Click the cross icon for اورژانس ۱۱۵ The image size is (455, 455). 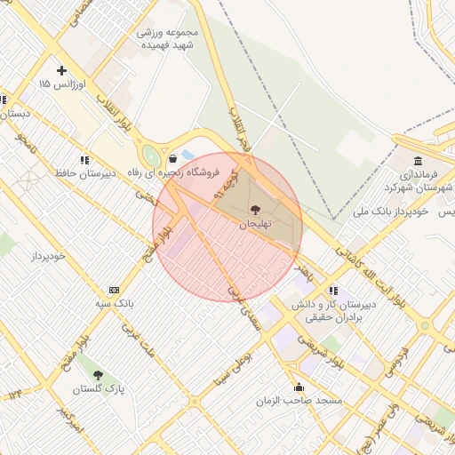point(61,70)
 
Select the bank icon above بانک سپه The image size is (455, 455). point(114,290)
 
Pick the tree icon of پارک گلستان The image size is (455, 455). point(98,375)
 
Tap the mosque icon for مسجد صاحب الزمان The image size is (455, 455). point(299,387)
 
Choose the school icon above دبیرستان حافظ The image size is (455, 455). point(84,160)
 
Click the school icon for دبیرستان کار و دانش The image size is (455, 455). point(332,290)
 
